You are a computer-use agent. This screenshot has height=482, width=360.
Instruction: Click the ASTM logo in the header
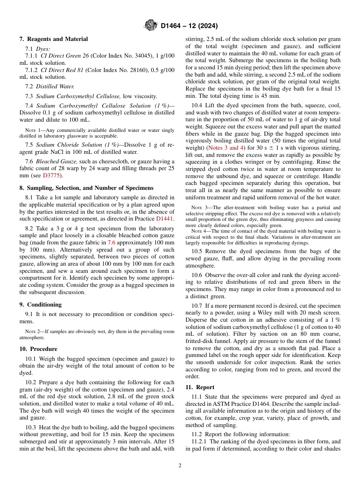pyautogui.click(x=151, y=25)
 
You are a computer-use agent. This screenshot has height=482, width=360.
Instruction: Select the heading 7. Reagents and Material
pyautogui.click(x=53, y=39)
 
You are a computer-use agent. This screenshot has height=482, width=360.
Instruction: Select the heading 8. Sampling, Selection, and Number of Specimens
pyautogui.click(x=86, y=188)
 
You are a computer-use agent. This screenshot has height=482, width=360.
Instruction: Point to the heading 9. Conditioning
pyautogui.click(x=41, y=305)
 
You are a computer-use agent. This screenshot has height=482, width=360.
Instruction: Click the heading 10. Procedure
pyautogui.click(x=38, y=349)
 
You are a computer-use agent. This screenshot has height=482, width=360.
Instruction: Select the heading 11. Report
pyautogui.click(x=200, y=387)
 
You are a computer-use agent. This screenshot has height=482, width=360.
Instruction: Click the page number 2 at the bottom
pyautogui.click(x=180, y=466)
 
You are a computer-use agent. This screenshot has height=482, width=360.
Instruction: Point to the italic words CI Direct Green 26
pyautogui.click(x=64, y=56)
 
